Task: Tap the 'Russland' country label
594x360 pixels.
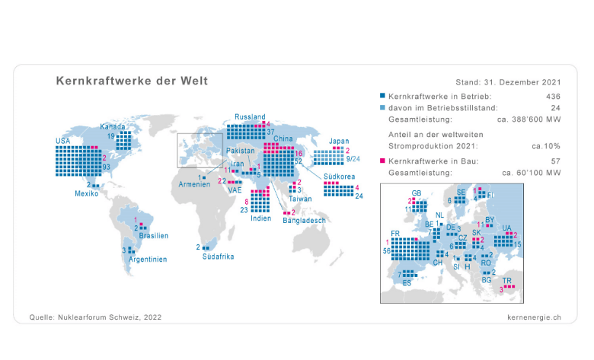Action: coord(250,116)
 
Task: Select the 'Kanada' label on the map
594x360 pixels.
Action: coord(113,126)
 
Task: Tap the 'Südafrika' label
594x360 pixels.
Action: coord(218,256)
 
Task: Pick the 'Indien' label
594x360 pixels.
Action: coord(260,218)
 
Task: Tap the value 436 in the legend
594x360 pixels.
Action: coord(554,97)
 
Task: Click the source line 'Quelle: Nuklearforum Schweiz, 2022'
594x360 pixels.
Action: coord(95,316)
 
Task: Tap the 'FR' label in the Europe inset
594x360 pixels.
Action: coord(394,233)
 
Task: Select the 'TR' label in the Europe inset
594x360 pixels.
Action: coord(507,280)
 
